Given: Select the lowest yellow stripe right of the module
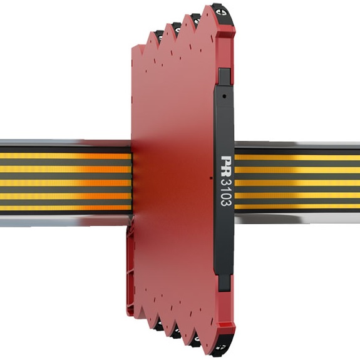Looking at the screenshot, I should click(294, 206).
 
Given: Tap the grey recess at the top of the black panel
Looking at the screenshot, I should click(225, 75).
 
